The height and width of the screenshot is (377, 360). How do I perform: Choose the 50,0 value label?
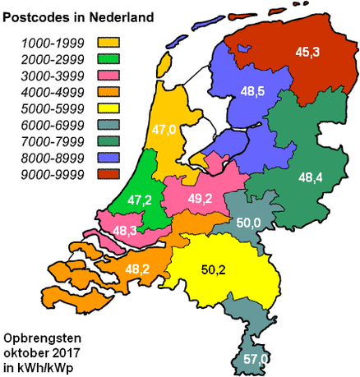[x=249, y=222]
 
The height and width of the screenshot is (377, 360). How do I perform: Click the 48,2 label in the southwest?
[x=138, y=268]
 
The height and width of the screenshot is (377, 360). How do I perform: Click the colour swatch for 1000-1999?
[x=108, y=42]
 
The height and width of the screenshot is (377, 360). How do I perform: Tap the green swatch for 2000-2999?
[x=108, y=58]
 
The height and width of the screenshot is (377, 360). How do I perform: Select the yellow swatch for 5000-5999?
[x=108, y=108]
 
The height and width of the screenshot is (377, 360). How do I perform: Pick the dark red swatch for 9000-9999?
[x=108, y=173]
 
